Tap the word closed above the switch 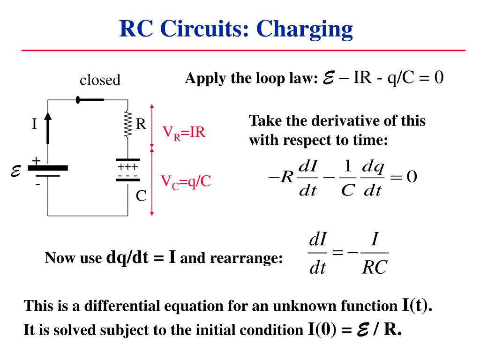(x=100, y=80)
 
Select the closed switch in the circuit (x=90, y=99)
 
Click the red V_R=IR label (x=184, y=132)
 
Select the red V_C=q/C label (x=186, y=181)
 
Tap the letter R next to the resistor (x=141, y=125)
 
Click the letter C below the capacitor (x=141, y=196)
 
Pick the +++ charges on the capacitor (x=127, y=167)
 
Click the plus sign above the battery (x=36, y=161)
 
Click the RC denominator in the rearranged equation (x=375, y=268)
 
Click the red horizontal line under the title (x=244, y=50)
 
